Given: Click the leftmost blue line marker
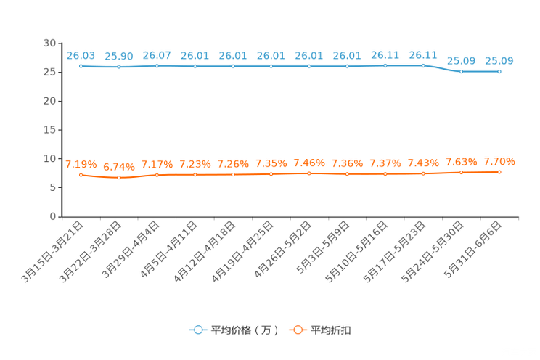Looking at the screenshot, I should coord(81,66).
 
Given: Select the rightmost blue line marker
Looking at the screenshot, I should coord(499,71).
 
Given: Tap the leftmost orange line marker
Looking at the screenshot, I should coord(81,174).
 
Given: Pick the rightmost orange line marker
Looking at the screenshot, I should coord(499,171).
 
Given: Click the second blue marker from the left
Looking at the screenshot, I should coord(118,67).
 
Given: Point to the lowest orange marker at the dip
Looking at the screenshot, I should coord(118,177).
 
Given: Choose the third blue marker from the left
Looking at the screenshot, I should coord(157,66).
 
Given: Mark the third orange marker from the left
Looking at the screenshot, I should coord(157,174).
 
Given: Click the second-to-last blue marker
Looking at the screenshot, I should coord(461,71).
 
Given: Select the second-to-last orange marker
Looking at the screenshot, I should coord(461,172).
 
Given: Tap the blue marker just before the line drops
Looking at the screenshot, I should coord(423,65).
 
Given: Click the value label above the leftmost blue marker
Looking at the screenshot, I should coord(81,54).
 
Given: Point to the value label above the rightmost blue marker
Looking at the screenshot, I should coord(499,60).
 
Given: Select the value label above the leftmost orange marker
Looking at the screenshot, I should coord(78,164).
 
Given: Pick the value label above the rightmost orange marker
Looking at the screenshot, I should coord(499,161).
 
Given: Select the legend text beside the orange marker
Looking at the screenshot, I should coord(332,330).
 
